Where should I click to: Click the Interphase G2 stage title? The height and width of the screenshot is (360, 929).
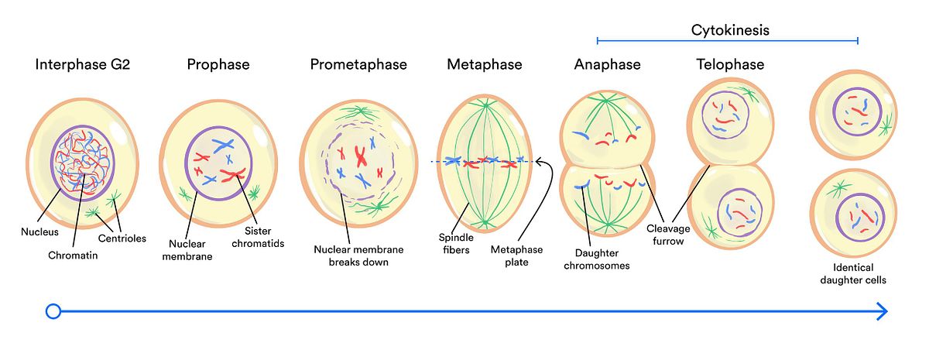(x=82, y=65)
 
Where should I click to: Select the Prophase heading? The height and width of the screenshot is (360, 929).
(x=218, y=65)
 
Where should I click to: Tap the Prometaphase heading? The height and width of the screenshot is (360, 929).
(x=358, y=65)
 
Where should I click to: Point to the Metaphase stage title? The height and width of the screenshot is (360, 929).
(x=485, y=65)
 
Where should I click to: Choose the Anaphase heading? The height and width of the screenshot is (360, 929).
(x=608, y=65)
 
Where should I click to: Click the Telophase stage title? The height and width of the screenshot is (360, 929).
(x=730, y=65)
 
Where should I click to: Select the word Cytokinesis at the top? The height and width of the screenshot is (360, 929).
(x=730, y=31)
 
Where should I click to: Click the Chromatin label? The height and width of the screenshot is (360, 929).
(x=73, y=255)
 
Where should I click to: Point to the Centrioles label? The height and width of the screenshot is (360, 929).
(x=122, y=238)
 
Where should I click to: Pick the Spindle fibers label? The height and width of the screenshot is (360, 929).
(x=455, y=244)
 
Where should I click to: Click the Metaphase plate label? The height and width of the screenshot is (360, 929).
(x=516, y=255)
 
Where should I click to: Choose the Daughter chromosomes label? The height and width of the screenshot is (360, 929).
(x=602, y=259)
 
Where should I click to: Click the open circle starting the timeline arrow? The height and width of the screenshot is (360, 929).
(x=53, y=311)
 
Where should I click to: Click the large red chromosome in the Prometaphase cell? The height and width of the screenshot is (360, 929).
(x=361, y=155)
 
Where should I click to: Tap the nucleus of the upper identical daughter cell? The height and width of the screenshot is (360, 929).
(x=856, y=111)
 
